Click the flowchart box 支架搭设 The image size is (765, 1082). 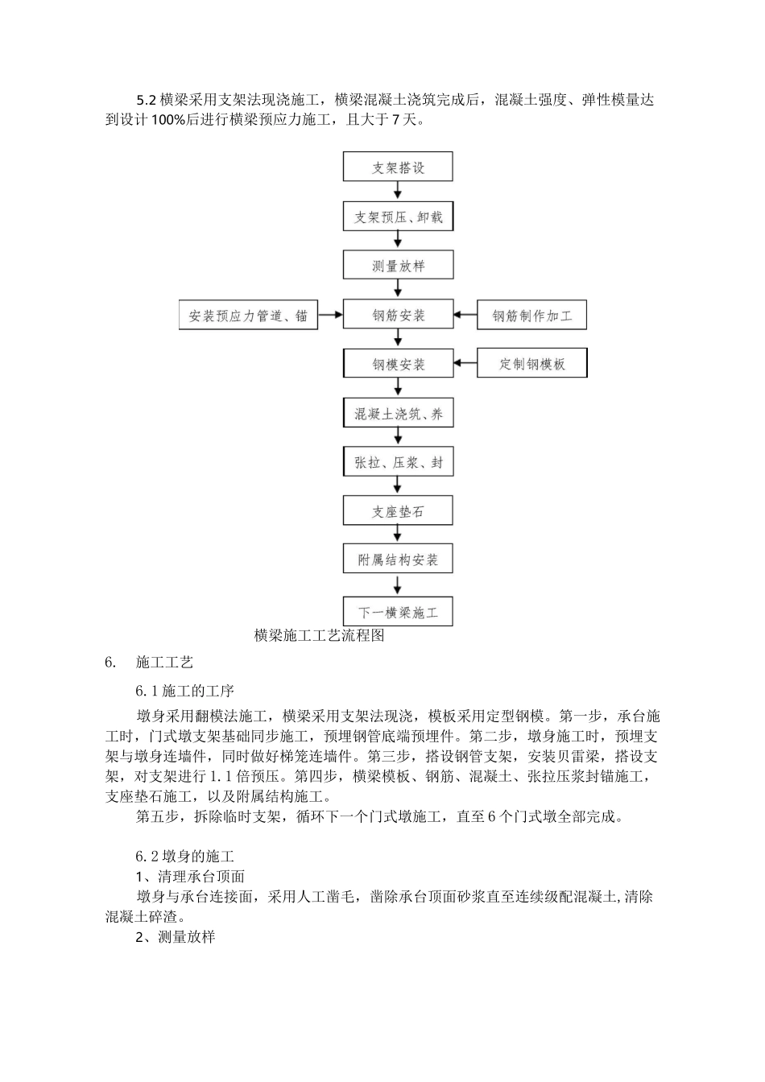398,167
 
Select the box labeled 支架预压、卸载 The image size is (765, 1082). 398,217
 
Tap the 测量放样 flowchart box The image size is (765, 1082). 398,266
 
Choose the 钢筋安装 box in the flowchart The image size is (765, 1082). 398,315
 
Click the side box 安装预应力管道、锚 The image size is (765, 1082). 248,316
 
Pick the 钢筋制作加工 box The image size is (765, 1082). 531,316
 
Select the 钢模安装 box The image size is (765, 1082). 398,364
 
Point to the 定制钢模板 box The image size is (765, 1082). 531,364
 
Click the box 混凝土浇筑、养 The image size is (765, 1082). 398,414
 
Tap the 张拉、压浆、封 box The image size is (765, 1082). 398,463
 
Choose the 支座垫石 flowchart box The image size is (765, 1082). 398,511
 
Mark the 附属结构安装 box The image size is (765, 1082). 398,560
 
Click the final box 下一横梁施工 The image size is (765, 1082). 398,612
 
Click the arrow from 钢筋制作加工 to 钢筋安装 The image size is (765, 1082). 465,315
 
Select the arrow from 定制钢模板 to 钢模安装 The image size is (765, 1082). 465,364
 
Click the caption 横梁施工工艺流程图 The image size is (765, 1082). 320,636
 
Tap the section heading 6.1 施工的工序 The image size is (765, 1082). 184,691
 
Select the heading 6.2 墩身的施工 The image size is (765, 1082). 184,856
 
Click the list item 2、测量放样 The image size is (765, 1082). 175,936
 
